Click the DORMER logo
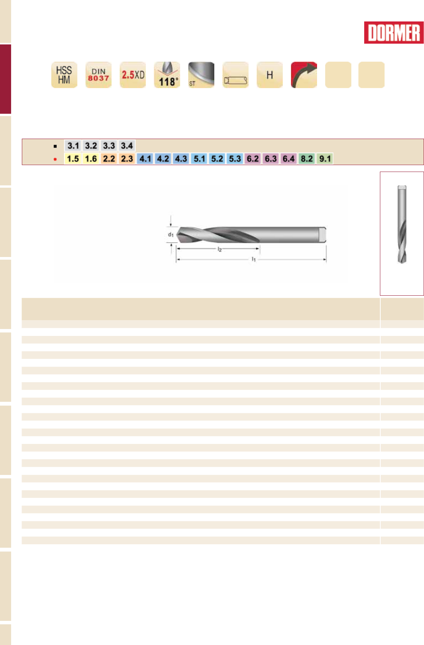[394, 33]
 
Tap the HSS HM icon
[64, 75]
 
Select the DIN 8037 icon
[99, 75]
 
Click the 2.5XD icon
[133, 75]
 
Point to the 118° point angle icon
[167, 75]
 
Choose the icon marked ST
[201, 75]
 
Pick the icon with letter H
[270, 75]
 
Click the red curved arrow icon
[304, 75]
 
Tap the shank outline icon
[235, 75]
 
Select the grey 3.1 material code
[73, 146]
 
